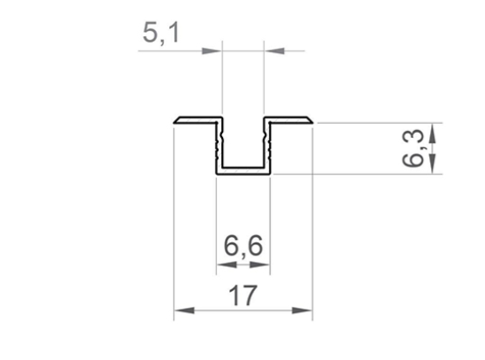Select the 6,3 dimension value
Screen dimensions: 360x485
point(413,148)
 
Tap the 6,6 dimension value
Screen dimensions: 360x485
point(242,246)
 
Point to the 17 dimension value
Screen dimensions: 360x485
point(243,295)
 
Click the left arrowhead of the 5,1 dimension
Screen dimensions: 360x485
point(212,50)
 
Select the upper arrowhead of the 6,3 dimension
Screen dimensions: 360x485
point(432,132)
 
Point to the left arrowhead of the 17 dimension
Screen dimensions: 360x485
point(183,310)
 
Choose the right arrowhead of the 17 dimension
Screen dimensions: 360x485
point(304,310)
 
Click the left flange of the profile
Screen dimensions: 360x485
point(197,119)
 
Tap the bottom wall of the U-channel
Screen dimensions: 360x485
point(243,171)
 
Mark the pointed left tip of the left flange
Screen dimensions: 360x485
point(175,121)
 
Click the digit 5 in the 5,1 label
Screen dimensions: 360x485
point(152,33)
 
